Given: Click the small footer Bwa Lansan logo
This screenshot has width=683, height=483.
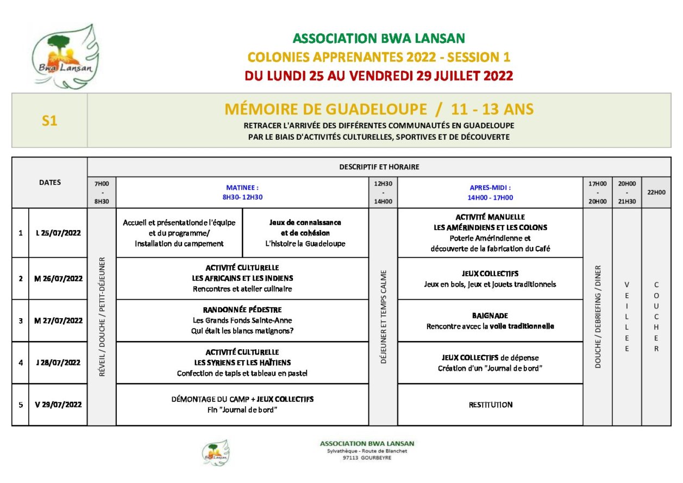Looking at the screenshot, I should click(x=216, y=453).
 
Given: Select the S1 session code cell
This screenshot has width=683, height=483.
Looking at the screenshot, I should click(x=49, y=121).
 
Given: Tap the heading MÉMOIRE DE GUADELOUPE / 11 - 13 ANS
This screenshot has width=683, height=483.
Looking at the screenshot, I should click(x=379, y=109).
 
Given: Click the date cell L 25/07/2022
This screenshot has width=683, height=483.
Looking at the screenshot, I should click(x=58, y=233).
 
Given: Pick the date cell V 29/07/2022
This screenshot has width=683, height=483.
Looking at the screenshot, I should click(x=58, y=404).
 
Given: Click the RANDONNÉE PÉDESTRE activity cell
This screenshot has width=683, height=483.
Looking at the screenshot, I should click(x=242, y=320).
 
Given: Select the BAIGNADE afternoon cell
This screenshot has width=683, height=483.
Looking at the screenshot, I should click(x=490, y=320).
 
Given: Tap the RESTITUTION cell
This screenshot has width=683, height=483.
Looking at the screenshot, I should click(x=490, y=405).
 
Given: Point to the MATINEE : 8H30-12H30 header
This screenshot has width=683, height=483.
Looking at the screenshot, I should click(x=242, y=192).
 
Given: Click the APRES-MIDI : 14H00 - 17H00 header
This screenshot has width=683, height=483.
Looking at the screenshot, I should click(x=490, y=192).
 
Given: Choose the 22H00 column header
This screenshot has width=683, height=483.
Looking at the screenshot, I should click(x=656, y=192).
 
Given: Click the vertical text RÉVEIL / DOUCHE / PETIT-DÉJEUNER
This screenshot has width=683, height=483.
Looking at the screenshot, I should click(x=102, y=317).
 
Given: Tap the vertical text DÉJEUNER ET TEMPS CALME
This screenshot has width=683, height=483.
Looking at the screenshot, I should click(x=383, y=317).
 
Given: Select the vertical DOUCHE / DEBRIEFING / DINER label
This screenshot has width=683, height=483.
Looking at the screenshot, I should click(x=598, y=317).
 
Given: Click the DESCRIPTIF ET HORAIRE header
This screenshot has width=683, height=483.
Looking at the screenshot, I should click(x=379, y=167).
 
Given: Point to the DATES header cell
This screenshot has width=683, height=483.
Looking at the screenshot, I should click(x=50, y=182).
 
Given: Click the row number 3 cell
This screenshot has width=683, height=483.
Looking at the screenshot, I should click(x=21, y=320).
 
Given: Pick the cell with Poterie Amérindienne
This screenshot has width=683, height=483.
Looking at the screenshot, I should click(x=490, y=233).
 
